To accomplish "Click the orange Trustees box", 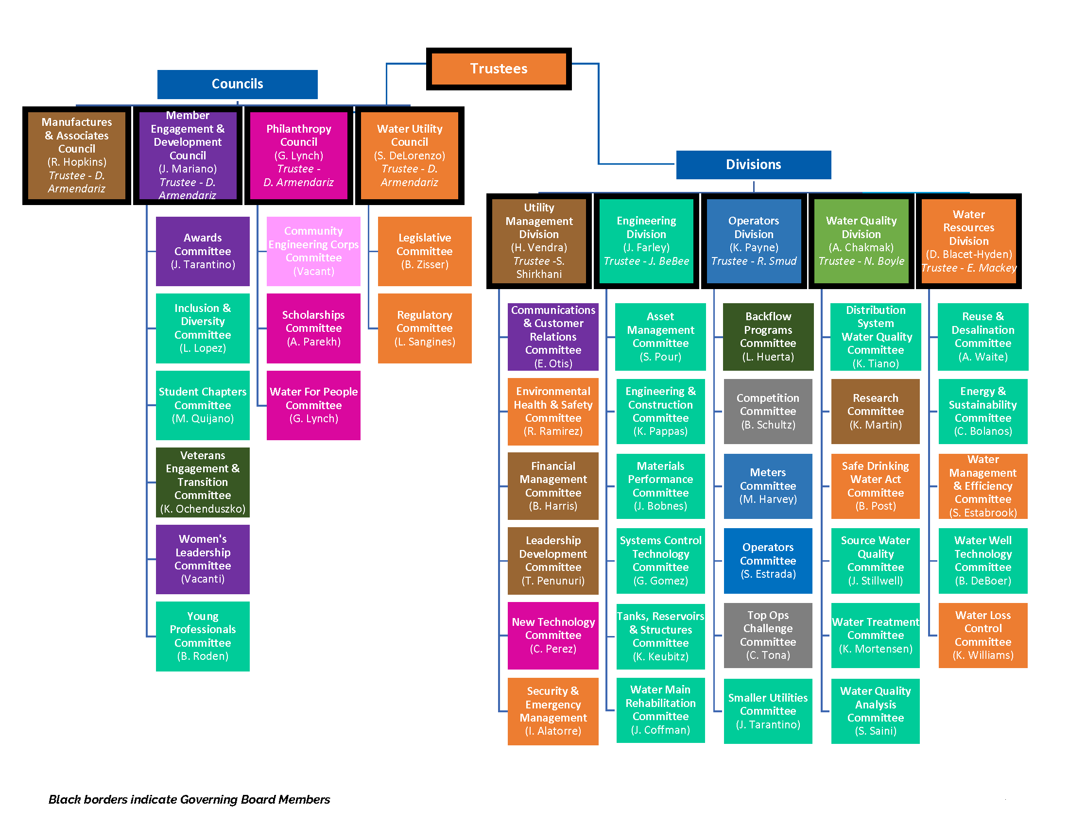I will point(498,69).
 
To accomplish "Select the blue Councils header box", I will point(238,84).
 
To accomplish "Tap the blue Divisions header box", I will point(753,164).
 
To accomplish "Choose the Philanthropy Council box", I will point(298,155).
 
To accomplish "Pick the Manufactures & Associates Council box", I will point(77,155).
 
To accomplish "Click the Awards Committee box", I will point(203,251).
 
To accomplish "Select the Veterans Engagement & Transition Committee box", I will point(203,482).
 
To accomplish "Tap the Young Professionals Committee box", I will point(203,636).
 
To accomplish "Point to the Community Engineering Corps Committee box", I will point(313,251).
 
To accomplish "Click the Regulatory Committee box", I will point(424,328).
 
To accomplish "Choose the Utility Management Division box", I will point(538,241).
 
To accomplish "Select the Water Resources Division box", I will point(968,241).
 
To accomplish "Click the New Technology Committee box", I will point(552,635).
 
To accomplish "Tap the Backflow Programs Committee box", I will point(767,337).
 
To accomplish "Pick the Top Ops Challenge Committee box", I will point(767,635).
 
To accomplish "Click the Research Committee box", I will point(875,411).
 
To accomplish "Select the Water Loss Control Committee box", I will point(983,635).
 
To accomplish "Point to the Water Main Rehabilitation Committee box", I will point(660,709).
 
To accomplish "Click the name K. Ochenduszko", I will point(203,509).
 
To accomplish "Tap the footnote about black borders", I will point(189,799).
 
